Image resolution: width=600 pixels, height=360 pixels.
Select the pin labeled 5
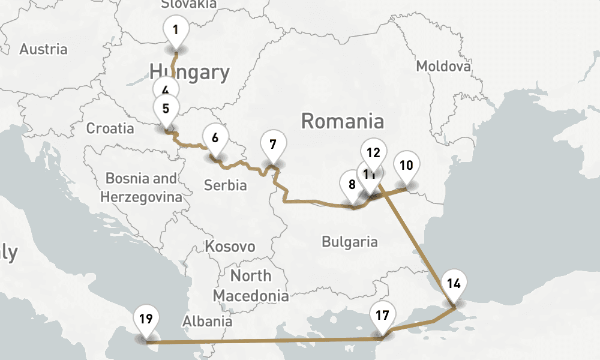pos(166,110)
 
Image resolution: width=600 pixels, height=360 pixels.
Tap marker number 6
pos(215,137)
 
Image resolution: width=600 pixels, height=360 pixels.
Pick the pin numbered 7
pos(273,145)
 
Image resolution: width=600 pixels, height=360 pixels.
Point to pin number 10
pos(406,166)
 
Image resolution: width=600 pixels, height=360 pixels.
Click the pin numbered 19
pos(146,319)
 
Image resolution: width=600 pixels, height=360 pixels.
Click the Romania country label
pos(342,121)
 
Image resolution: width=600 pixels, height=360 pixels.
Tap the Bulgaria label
pos(350,242)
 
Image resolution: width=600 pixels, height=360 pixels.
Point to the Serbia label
pos(225,185)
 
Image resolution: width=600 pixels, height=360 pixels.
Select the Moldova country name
pos(443,66)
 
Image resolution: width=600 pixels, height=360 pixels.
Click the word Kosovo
pos(230,247)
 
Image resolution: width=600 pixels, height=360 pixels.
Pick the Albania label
pos(207,321)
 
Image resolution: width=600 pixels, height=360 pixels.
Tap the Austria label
pos(43,49)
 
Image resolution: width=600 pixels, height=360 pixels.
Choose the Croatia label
pos(110,128)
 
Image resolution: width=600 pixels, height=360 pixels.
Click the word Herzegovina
pos(141,197)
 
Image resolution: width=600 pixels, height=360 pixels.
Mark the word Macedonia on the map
pos(250,296)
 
